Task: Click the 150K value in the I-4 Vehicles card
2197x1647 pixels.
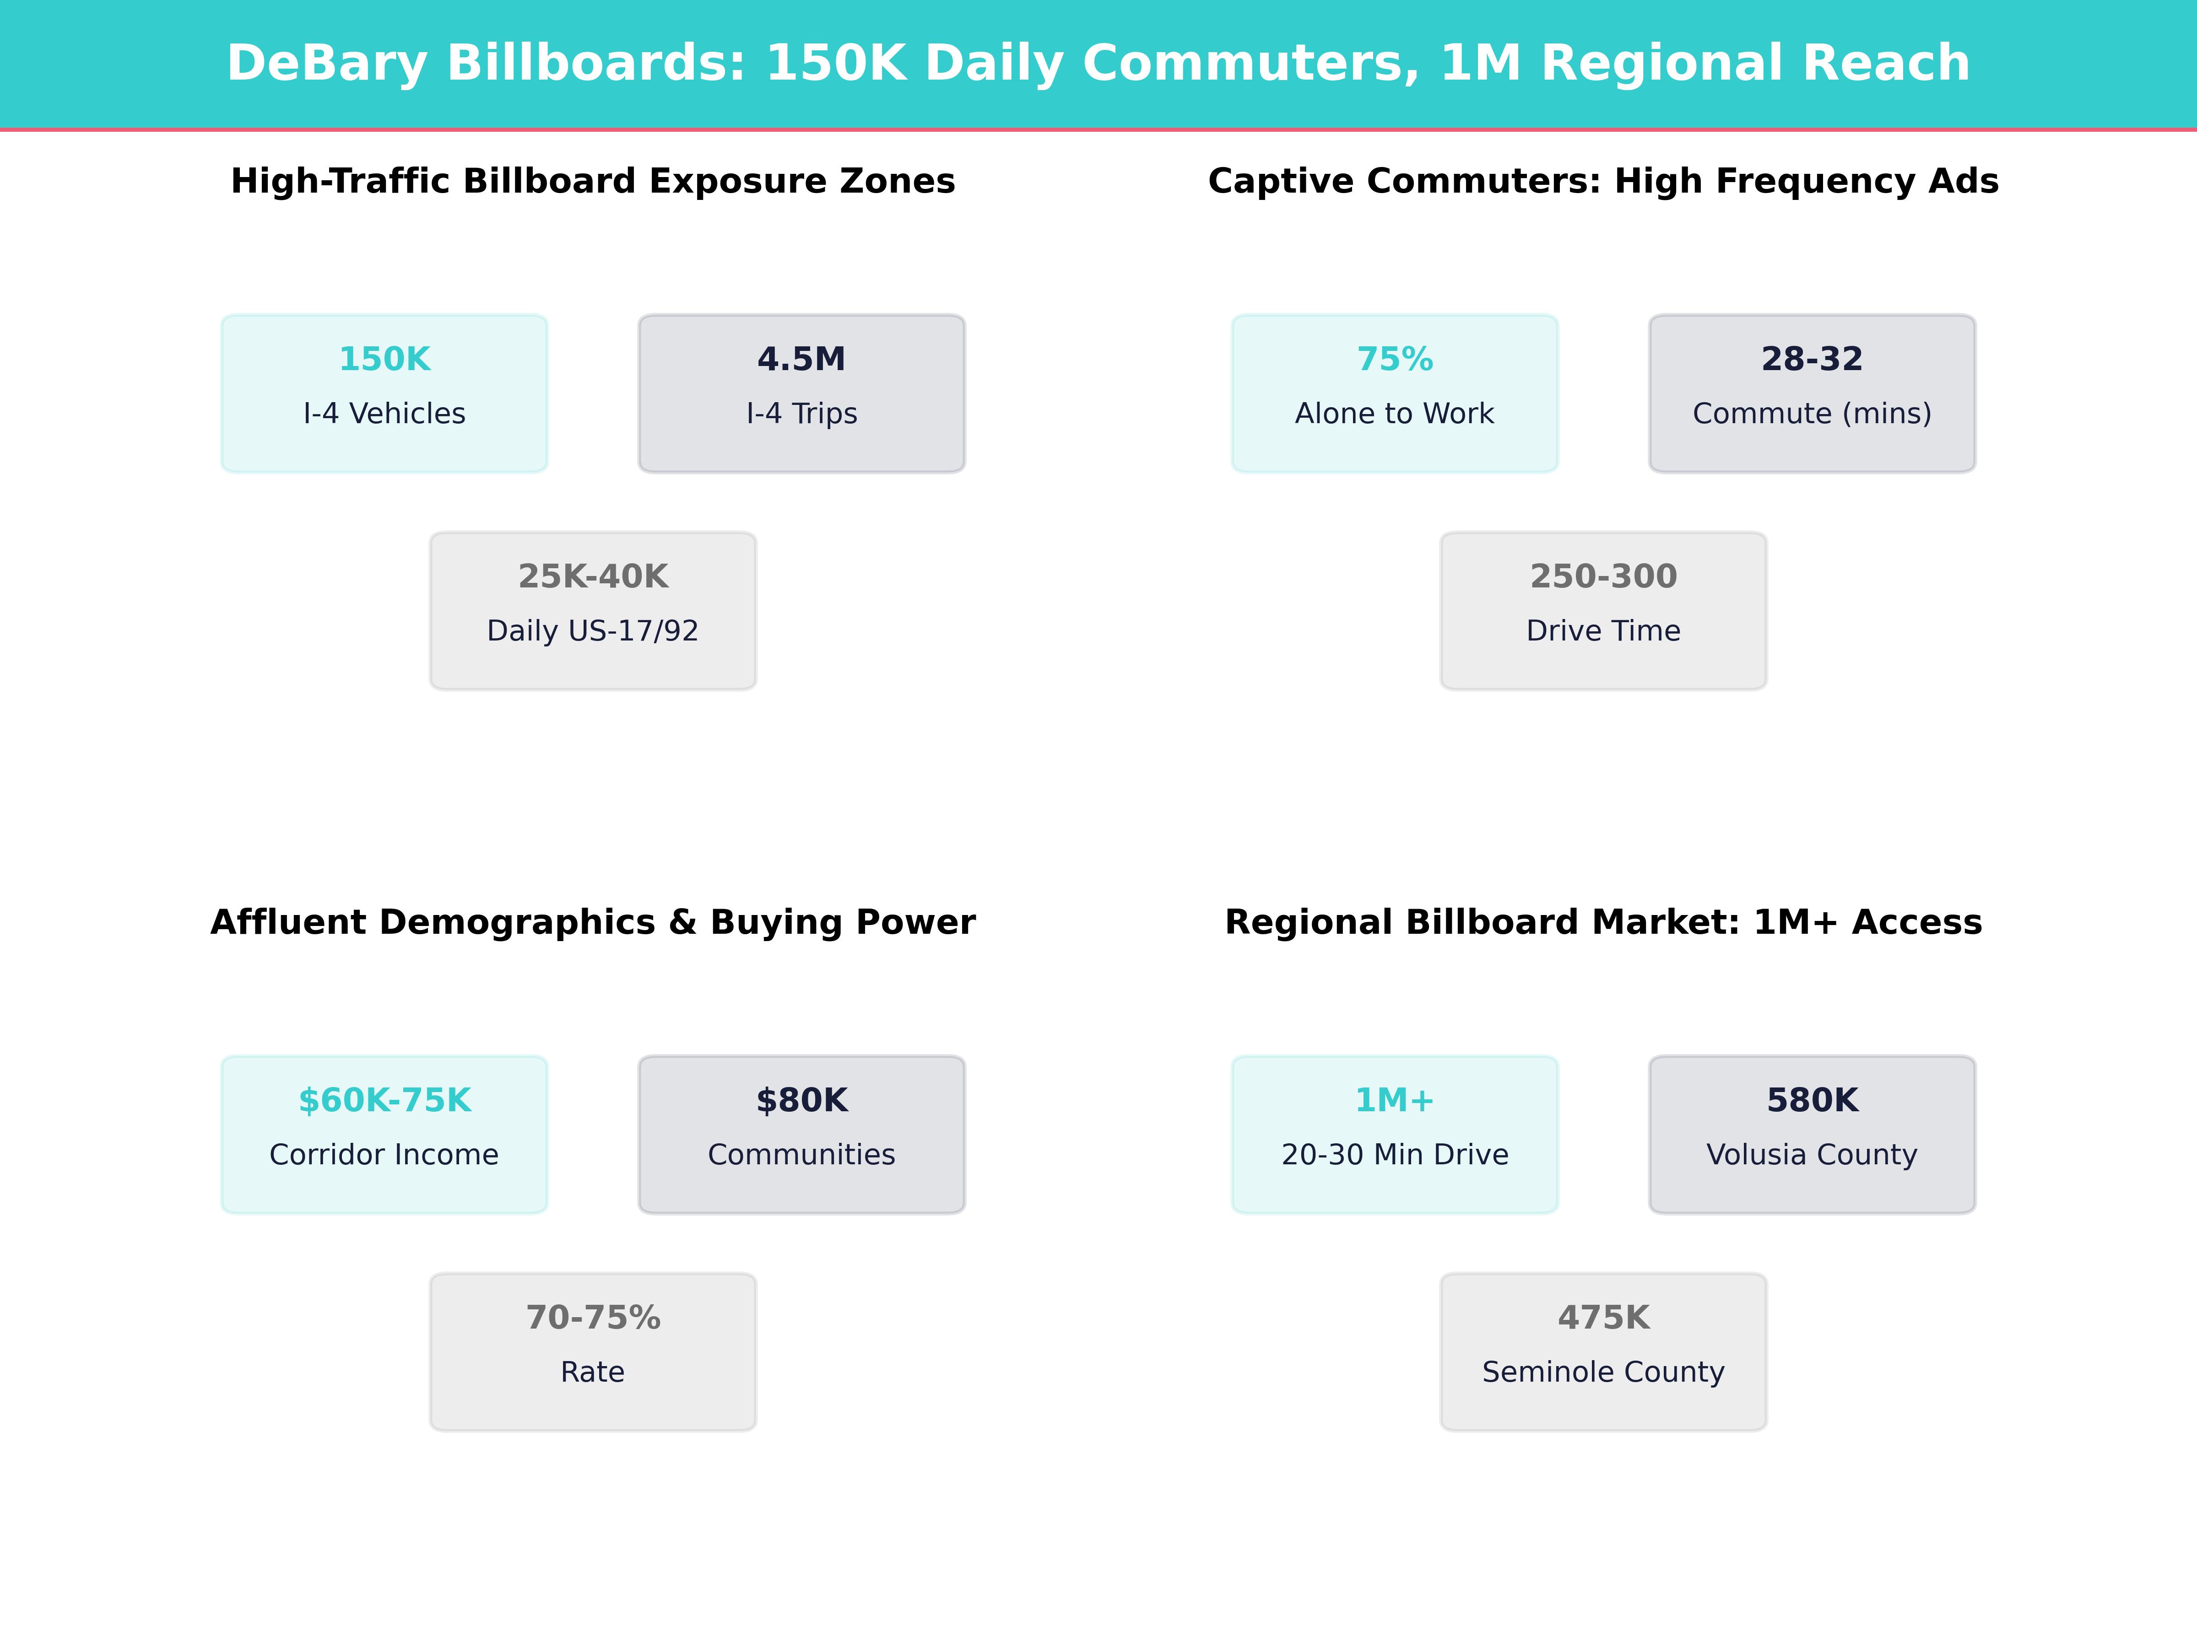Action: pyautogui.click(x=384, y=360)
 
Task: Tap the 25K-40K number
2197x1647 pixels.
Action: pyautogui.click(x=593, y=577)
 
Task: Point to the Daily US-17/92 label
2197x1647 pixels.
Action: pyautogui.click(x=593, y=631)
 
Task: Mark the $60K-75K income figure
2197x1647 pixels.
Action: pyautogui.click(x=384, y=1101)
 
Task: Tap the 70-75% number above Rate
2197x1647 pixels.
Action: pyautogui.click(x=593, y=1319)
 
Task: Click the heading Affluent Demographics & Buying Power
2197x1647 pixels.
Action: pyautogui.click(x=593, y=922)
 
